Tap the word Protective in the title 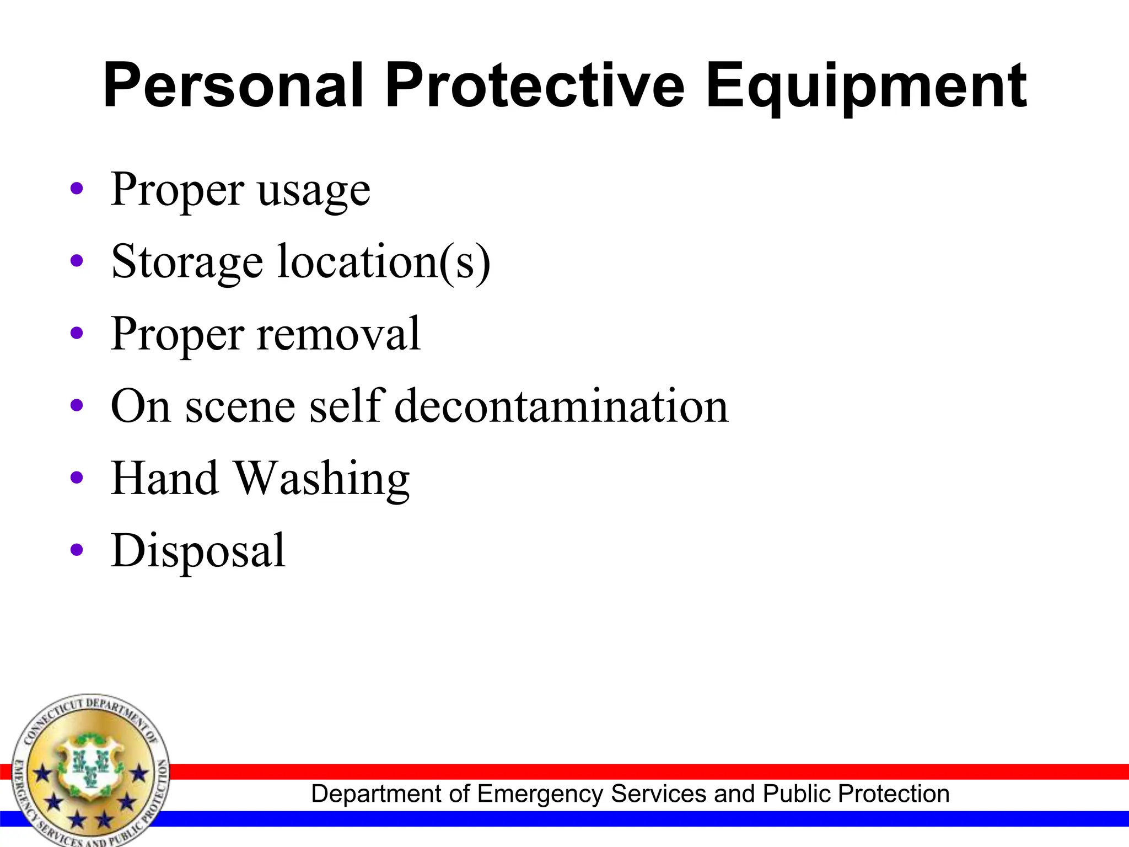click(x=534, y=85)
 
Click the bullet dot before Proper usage click(x=77, y=189)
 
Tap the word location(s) click(x=384, y=261)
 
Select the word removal click(x=338, y=334)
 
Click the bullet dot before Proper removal click(x=77, y=333)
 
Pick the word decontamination click(x=562, y=406)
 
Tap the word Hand click(x=164, y=478)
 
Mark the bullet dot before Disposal click(x=77, y=550)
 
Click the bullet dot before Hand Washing click(x=77, y=478)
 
